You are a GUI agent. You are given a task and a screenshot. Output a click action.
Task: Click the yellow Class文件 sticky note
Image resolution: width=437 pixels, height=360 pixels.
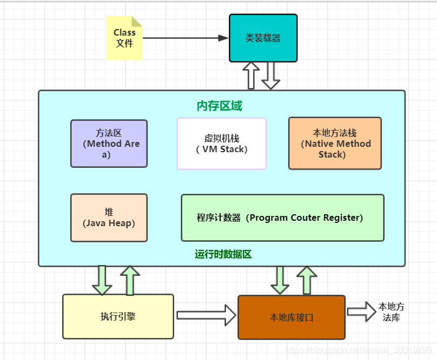coord(125,38)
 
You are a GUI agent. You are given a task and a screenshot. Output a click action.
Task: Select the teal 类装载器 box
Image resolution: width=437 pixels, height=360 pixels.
coord(263,38)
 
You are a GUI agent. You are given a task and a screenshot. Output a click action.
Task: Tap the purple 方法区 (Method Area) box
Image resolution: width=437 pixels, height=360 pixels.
coord(109,144)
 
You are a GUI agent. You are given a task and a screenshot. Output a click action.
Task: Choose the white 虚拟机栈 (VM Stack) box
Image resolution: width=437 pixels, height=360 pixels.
coord(222,144)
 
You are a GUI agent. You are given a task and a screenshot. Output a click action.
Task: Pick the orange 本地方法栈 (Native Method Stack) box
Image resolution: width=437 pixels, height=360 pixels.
coord(335,144)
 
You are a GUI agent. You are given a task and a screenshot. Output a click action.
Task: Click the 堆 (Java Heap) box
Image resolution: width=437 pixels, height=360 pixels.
coord(109,218)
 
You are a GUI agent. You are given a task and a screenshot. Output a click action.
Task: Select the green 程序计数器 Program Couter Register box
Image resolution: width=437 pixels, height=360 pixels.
coord(283,218)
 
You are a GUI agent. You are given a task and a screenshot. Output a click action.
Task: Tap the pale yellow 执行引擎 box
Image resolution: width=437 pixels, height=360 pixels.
coord(118,316)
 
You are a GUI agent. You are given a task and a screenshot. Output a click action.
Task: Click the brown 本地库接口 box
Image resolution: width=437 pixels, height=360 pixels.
coord(291,317)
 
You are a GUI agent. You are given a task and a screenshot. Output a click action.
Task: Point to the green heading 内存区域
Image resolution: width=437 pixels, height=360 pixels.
coord(220,106)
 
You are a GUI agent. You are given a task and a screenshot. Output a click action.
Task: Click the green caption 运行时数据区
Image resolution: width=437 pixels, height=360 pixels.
coord(223,254)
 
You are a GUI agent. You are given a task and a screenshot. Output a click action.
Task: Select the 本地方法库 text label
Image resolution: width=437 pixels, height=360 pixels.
coord(391,312)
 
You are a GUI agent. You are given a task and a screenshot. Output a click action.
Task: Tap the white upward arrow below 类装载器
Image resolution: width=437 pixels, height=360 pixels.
coord(251,76)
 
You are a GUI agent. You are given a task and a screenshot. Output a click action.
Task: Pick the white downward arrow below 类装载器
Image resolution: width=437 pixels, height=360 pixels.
coord(271,76)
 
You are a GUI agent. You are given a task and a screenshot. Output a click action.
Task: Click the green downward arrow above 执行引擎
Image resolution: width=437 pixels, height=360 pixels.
coord(102,280)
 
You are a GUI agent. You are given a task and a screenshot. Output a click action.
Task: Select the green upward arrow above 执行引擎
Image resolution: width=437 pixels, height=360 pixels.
coord(129,280)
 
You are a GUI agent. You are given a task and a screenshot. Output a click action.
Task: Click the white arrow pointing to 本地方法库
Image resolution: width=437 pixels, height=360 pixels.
coord(361,311)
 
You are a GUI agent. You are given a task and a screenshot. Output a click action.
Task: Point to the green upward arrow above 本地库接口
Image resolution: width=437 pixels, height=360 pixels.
coord(307,280)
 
